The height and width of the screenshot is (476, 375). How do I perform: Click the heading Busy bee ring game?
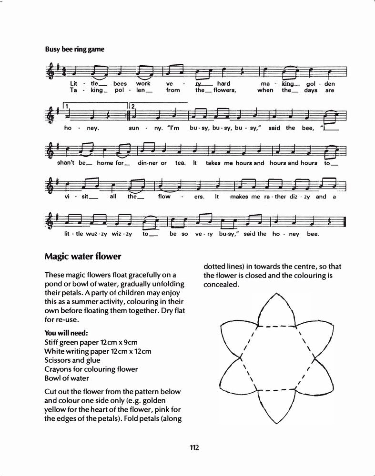tap(74, 49)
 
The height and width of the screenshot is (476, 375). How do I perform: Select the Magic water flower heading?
tap(83, 257)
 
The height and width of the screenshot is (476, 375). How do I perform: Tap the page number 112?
tap(193, 447)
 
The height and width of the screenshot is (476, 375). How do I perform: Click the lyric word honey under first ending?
tap(86, 128)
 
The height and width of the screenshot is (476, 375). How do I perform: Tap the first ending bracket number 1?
tap(68, 106)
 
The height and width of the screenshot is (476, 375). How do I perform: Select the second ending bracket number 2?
tap(133, 106)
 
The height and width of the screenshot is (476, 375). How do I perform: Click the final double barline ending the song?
tap(344, 221)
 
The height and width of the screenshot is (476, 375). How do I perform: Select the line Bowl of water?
tap(67, 378)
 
